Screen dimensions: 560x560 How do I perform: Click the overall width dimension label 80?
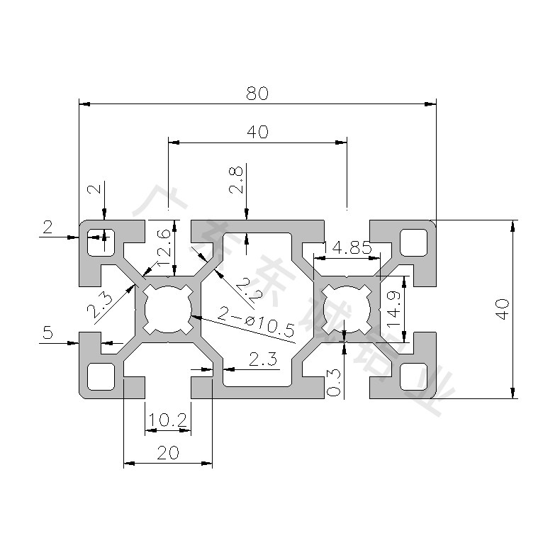tap(256, 93)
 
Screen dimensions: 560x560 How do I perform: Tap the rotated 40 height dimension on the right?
tap(502, 309)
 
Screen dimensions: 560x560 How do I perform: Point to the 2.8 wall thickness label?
tap(237, 180)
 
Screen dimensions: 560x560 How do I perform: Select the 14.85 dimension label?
tap(347, 248)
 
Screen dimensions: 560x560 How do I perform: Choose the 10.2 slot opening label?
tap(168, 421)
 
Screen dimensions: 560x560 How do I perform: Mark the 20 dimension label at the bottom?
tap(168, 452)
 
